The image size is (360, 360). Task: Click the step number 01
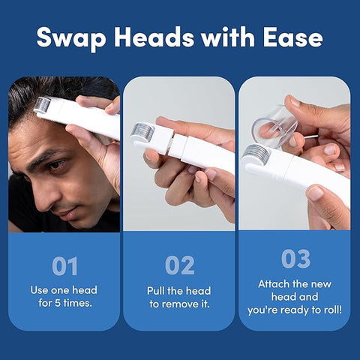pyautogui.click(x=64, y=265)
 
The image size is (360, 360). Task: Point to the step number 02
pyautogui.click(x=180, y=265)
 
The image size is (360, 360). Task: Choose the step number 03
pyautogui.click(x=295, y=259)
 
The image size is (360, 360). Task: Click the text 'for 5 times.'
pyautogui.click(x=64, y=304)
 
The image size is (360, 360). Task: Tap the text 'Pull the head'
pyautogui.click(x=180, y=290)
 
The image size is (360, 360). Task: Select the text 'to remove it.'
pyautogui.click(x=180, y=304)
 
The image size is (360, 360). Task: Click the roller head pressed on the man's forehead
pyautogui.click(x=42, y=104)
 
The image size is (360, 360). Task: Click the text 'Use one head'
pyautogui.click(x=64, y=290)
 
